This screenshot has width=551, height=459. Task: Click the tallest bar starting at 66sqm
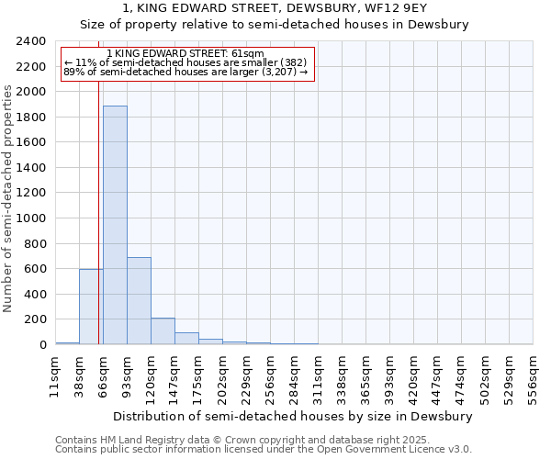tap(115, 225)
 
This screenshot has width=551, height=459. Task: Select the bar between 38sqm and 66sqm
tap(91, 307)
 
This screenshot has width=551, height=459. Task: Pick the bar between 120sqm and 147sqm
tap(163, 331)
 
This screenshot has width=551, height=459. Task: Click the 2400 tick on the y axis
tap(32, 41)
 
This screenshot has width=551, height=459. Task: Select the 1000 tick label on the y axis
tap(32, 218)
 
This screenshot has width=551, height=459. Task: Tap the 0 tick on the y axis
tap(42, 345)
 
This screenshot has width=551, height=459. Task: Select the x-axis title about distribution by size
tap(294, 416)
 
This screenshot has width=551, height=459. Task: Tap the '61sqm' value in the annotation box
tap(249, 54)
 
